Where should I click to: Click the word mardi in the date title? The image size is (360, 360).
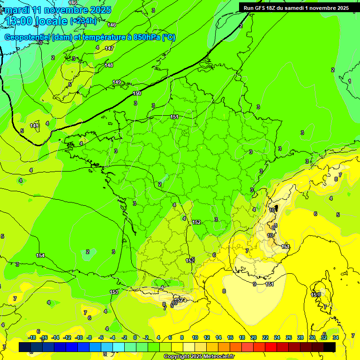[x=17, y=10]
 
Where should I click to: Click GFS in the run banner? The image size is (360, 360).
[x=260, y=7]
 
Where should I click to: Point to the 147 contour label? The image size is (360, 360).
[x=109, y=48]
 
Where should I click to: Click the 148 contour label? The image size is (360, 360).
[x=109, y=65]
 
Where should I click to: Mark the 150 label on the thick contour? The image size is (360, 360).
[x=136, y=93]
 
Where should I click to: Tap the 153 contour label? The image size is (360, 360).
[x=114, y=292]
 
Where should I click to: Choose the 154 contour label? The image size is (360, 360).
[x=41, y=255]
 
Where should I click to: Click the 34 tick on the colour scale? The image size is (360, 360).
[x=336, y=337]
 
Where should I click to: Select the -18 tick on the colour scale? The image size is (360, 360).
[x=32, y=337]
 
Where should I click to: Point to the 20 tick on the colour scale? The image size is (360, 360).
[x=254, y=337]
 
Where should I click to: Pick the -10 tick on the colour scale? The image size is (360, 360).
[x=79, y=337]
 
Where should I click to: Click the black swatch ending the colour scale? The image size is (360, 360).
[x=330, y=347]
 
